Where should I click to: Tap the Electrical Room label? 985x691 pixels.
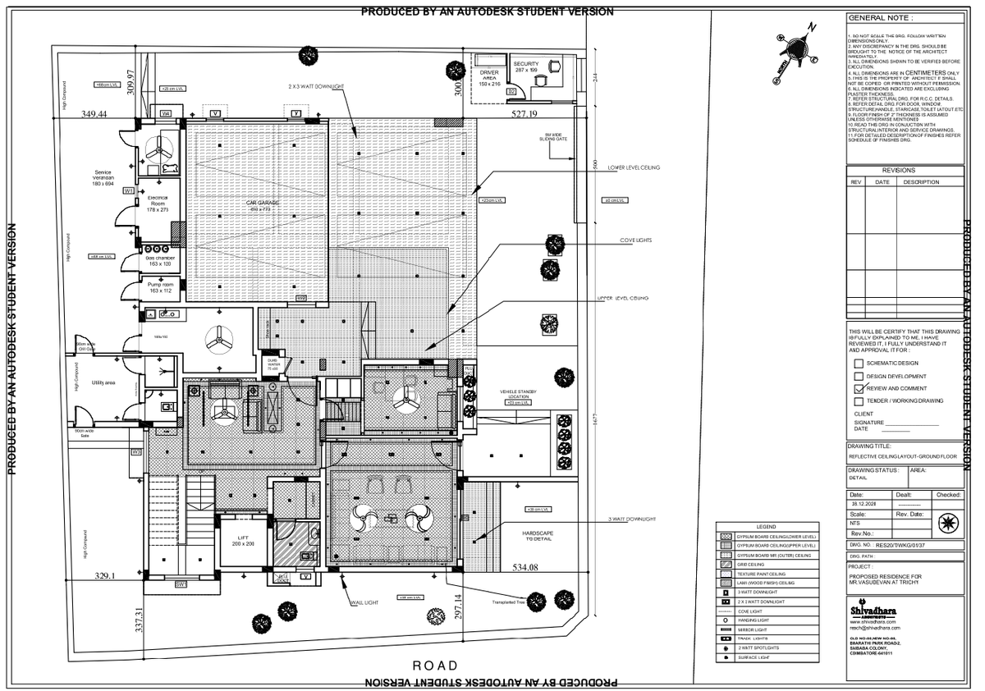coord(157,204)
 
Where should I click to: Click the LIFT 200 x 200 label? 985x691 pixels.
coord(244,539)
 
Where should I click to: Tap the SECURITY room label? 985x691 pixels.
coord(525,66)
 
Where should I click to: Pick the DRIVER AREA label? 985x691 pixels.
coord(489,78)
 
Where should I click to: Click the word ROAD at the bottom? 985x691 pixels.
coord(435,665)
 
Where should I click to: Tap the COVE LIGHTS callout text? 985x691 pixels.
coord(635,240)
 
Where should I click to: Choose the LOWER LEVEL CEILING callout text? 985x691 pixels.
coord(634,167)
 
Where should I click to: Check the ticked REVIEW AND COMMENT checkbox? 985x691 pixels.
coord(859,388)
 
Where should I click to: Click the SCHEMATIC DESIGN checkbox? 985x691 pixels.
coord(859,363)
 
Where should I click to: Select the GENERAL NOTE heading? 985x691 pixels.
coord(880,17)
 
